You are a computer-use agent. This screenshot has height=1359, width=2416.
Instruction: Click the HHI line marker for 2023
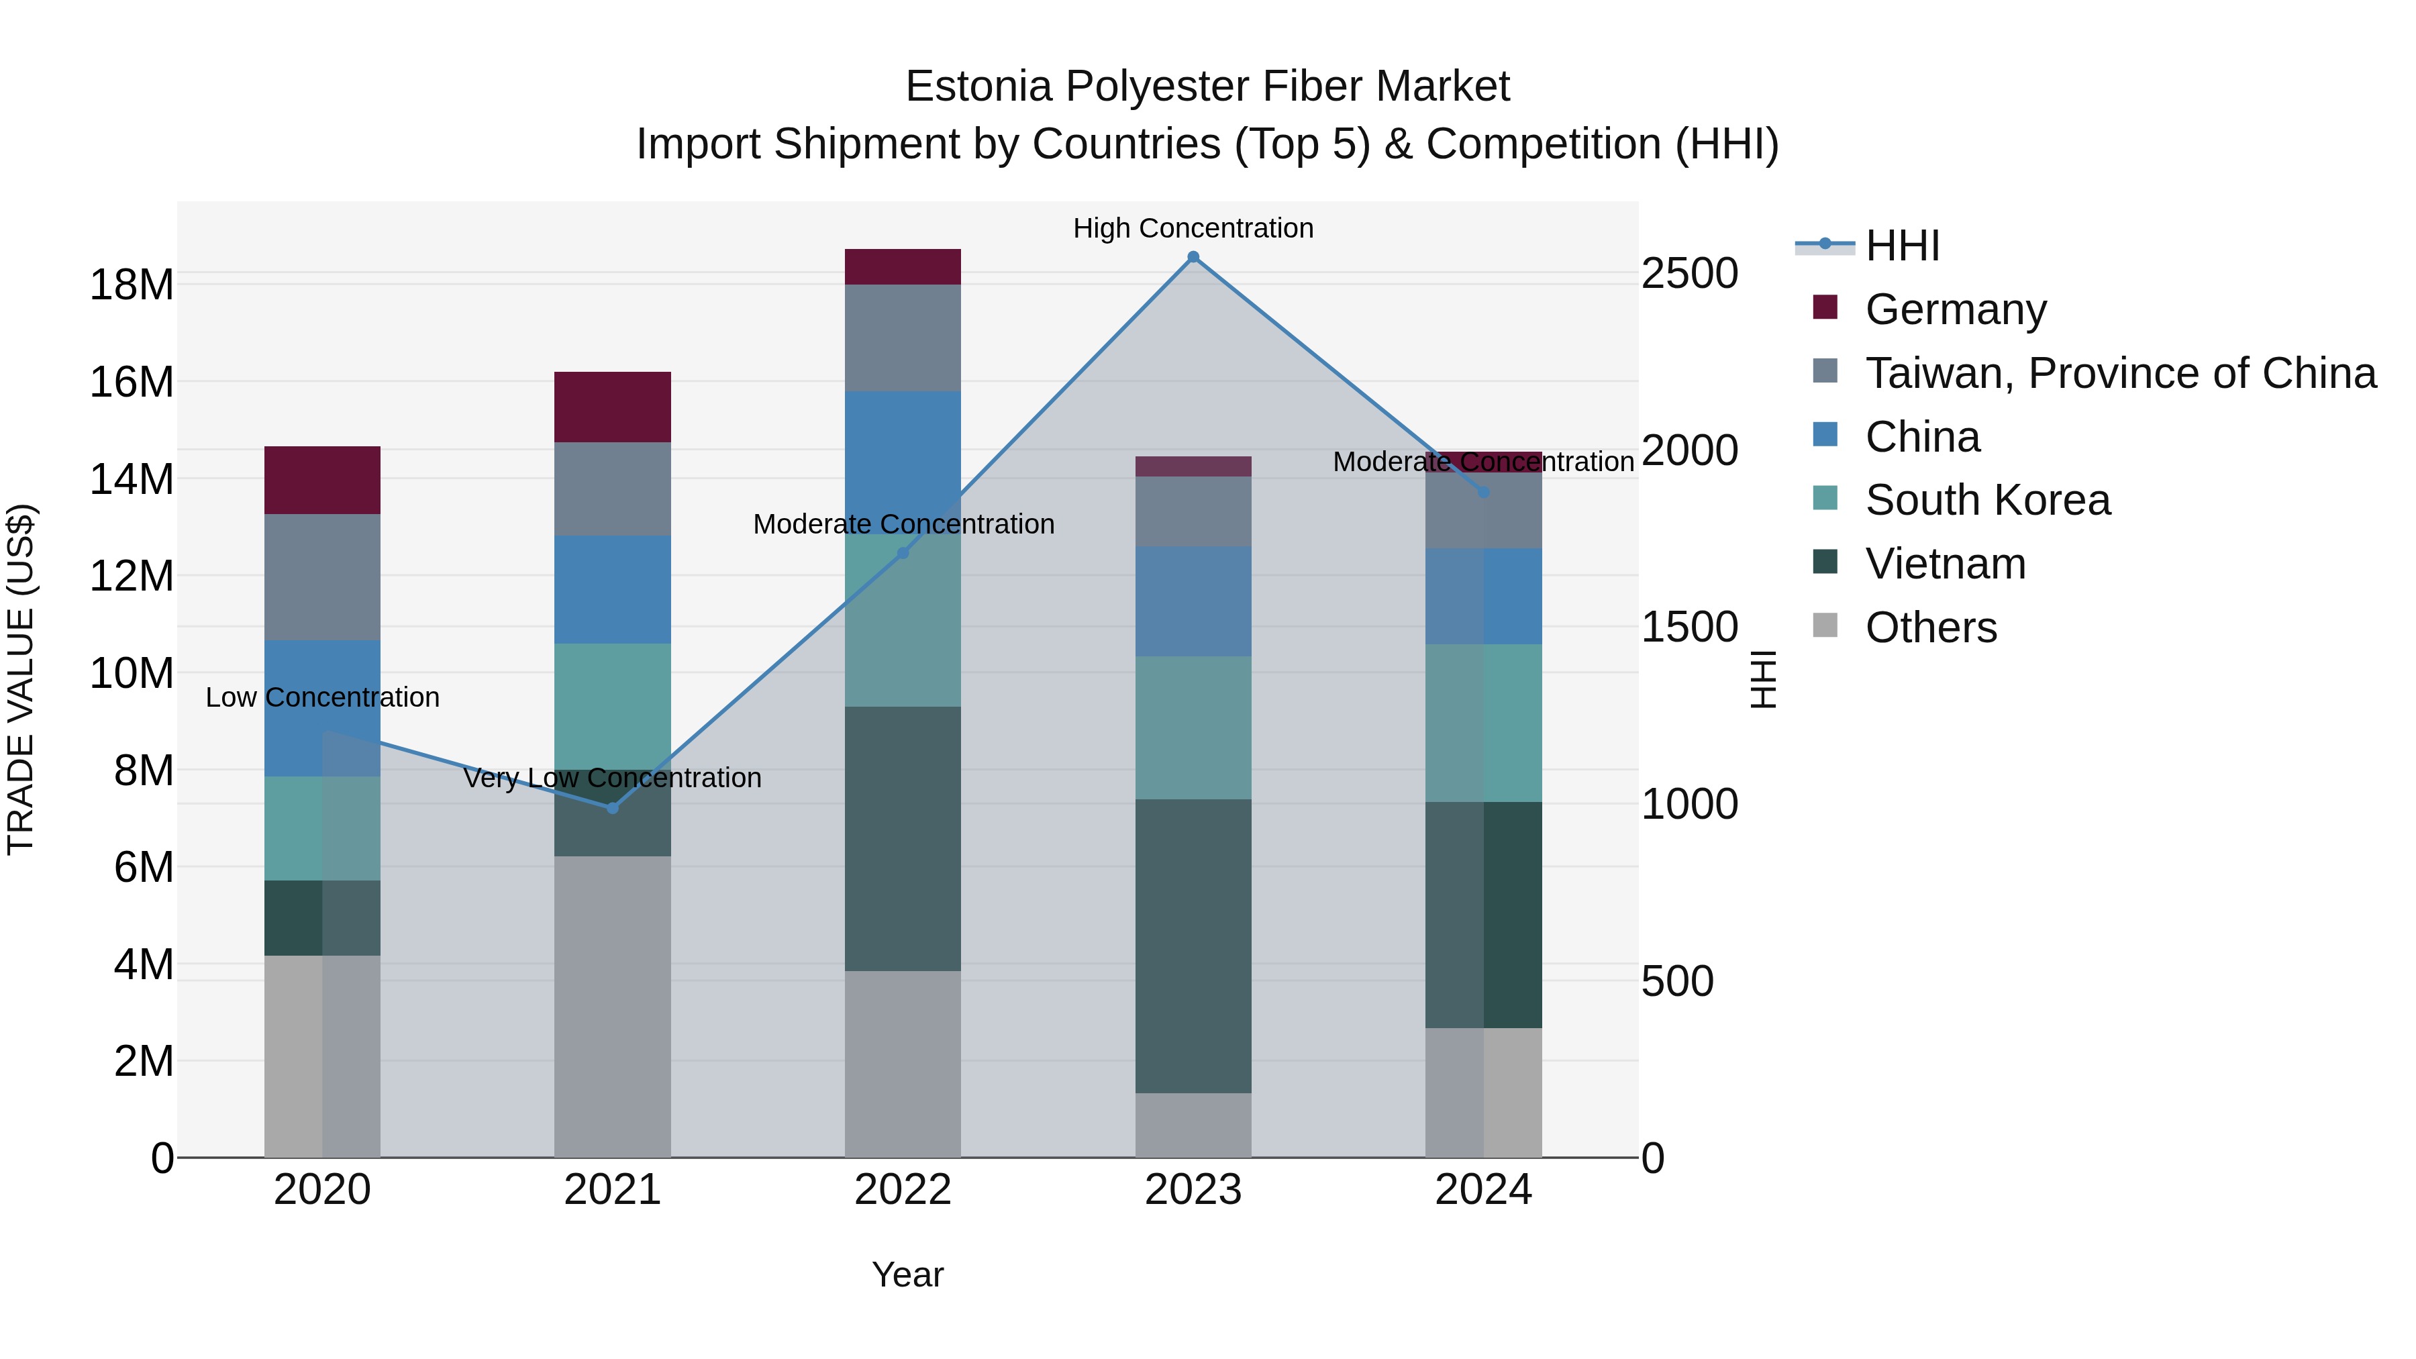pos(1193,257)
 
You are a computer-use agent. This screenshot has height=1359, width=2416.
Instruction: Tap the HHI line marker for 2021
pos(613,807)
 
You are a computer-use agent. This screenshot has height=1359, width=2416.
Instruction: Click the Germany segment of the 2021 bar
pos(613,407)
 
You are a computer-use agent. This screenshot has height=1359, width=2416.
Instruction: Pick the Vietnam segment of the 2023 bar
pos(1193,946)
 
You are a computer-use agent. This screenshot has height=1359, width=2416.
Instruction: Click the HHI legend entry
pos(1901,246)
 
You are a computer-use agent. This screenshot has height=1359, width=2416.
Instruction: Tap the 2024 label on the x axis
pos(1482,1190)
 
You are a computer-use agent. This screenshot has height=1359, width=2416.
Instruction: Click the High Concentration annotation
pos(1193,228)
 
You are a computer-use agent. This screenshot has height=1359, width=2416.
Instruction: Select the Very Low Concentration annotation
pos(613,778)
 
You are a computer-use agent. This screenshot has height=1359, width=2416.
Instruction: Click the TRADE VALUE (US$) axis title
pos(21,679)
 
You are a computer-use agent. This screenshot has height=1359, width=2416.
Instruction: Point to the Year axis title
pos(907,1274)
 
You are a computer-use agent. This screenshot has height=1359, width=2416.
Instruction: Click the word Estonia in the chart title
pos(979,87)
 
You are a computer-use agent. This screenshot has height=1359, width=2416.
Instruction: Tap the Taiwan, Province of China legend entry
pos(2119,373)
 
